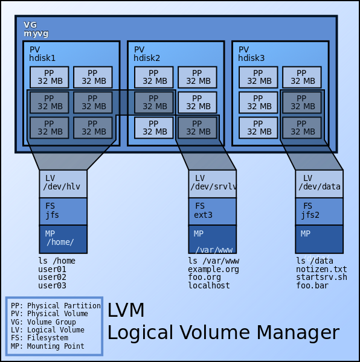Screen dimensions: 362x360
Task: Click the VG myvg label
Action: pos(36,29)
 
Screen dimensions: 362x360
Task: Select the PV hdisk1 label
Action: pos(42,54)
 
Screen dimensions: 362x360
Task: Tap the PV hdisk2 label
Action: pos(147,54)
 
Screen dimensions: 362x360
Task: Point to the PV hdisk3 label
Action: pos(251,54)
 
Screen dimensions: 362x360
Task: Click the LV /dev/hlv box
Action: pos(63,183)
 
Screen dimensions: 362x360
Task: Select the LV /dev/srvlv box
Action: pos(213,183)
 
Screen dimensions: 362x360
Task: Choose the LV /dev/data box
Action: pos(319,183)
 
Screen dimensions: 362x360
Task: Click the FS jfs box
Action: pos(63,211)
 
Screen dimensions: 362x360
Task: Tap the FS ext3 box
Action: pos(213,211)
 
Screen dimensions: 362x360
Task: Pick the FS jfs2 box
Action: pos(319,211)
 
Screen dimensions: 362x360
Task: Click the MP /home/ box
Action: pos(63,239)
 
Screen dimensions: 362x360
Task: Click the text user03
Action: pos(52,285)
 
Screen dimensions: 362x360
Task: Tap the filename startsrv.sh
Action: pos(321,277)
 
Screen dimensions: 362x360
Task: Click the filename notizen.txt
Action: pos(321,269)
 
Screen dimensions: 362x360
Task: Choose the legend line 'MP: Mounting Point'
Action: pos(48,346)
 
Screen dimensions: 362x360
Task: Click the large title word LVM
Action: pos(126,311)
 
